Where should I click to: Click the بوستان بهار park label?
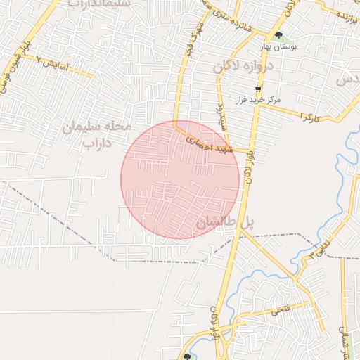(x=279, y=46)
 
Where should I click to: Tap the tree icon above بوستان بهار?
(x=279, y=34)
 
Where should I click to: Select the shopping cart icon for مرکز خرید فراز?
(x=259, y=89)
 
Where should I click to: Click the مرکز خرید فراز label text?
(x=259, y=100)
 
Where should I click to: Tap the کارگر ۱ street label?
(x=309, y=115)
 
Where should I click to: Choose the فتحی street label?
(x=279, y=309)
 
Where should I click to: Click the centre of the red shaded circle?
(x=180, y=179)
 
